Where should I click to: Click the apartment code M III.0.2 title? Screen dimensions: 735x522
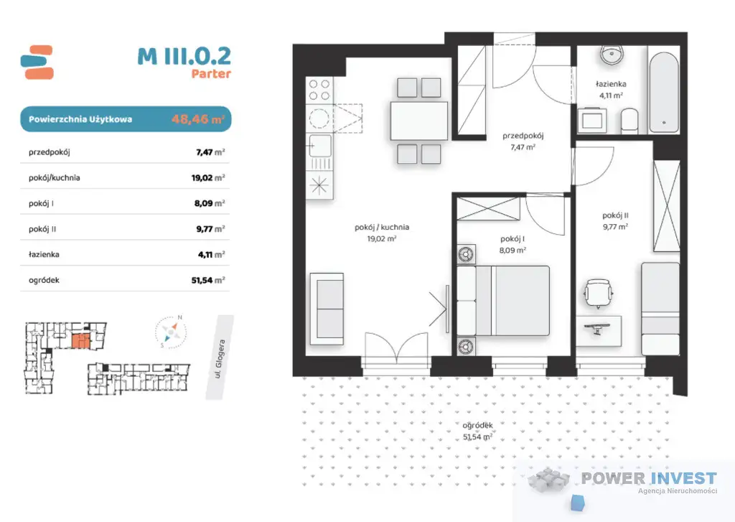click(x=184, y=56)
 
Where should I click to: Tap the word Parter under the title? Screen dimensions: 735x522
click(x=211, y=74)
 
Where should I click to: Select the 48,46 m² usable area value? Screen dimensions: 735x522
click(x=198, y=118)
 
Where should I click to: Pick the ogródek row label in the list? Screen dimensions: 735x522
click(x=44, y=281)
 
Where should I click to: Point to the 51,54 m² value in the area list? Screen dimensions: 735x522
click(x=208, y=280)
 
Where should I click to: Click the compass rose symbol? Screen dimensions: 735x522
click(x=171, y=332)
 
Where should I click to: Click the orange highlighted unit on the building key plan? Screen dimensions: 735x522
click(x=80, y=341)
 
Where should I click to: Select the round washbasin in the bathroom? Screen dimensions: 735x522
click(x=612, y=55)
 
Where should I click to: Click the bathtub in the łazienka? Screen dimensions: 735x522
click(x=664, y=93)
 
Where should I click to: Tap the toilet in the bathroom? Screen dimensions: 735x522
click(x=629, y=121)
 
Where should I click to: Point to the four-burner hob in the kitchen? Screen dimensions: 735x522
click(x=319, y=90)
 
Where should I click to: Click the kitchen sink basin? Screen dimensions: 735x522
click(x=320, y=146)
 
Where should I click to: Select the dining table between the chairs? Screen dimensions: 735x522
click(x=418, y=120)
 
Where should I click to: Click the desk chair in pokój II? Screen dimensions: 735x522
click(x=598, y=294)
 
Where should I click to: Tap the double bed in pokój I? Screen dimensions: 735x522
click(x=503, y=301)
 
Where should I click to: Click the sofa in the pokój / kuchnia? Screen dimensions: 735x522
click(x=327, y=309)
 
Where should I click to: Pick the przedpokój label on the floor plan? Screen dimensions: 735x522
click(x=523, y=136)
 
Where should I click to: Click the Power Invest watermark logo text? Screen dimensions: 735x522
click(x=649, y=478)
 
